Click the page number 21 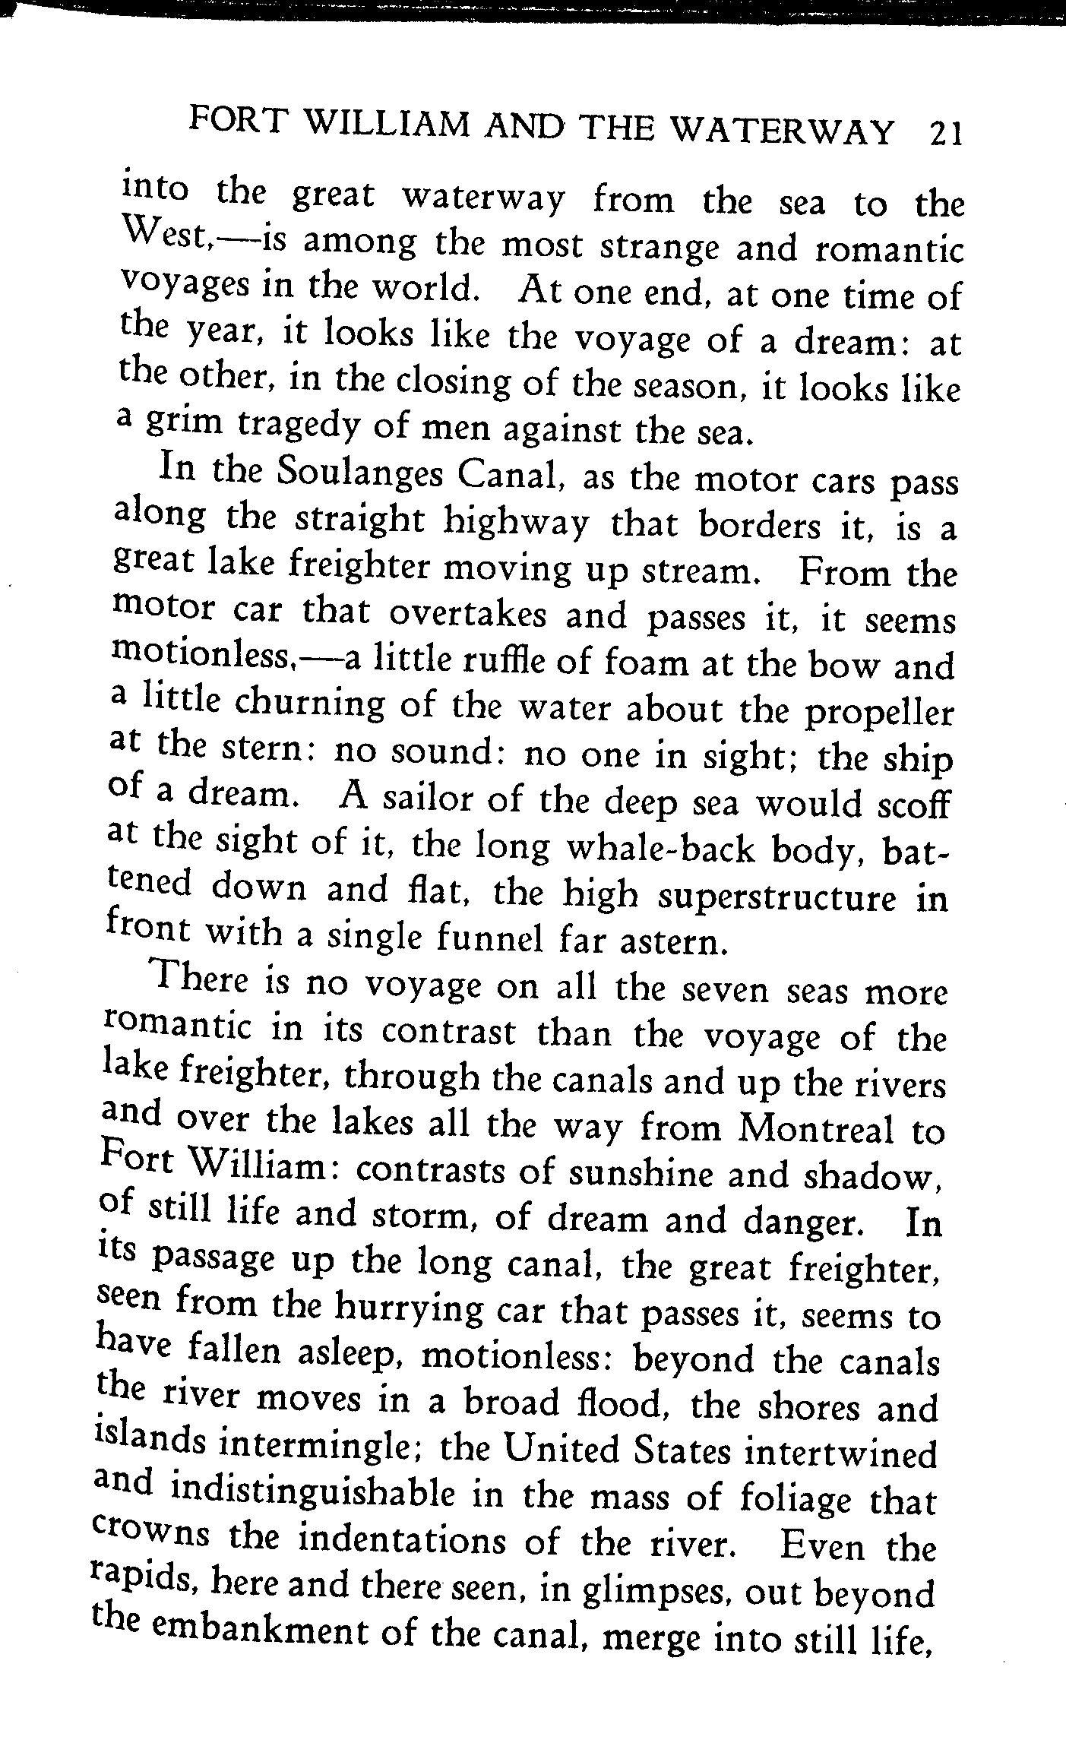click(944, 133)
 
